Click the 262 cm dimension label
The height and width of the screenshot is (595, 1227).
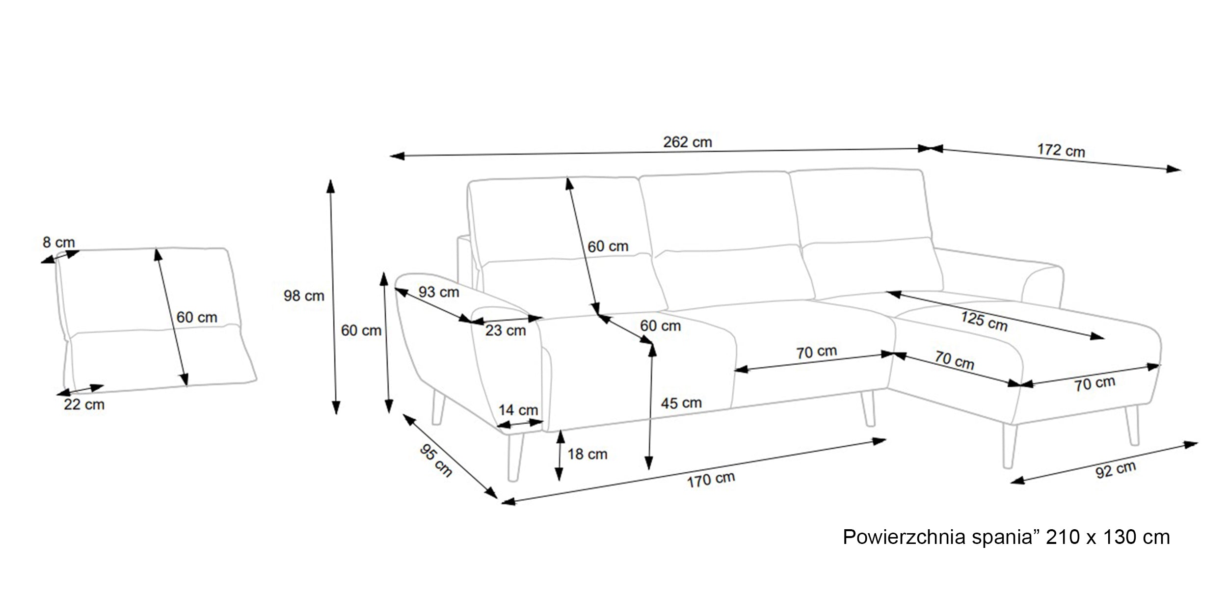(687, 142)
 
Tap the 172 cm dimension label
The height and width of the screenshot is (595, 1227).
(1061, 150)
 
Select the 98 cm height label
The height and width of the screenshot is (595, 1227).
(304, 296)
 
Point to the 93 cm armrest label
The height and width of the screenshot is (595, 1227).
(439, 292)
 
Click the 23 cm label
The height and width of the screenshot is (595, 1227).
(506, 330)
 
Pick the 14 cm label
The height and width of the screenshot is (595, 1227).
(518, 410)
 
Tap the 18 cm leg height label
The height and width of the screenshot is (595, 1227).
(587, 454)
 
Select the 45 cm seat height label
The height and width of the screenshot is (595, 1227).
(681, 403)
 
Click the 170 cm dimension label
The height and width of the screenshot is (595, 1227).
(711, 480)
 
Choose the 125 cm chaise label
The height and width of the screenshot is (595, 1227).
(984, 321)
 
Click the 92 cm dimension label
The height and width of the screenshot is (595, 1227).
(1116, 470)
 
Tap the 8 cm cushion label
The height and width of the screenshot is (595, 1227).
(59, 242)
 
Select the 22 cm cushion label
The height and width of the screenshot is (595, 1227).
(84, 405)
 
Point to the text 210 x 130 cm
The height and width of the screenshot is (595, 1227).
(1108, 538)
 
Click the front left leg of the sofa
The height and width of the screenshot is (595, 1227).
(515, 457)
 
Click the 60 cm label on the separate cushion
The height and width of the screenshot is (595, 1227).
(197, 317)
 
